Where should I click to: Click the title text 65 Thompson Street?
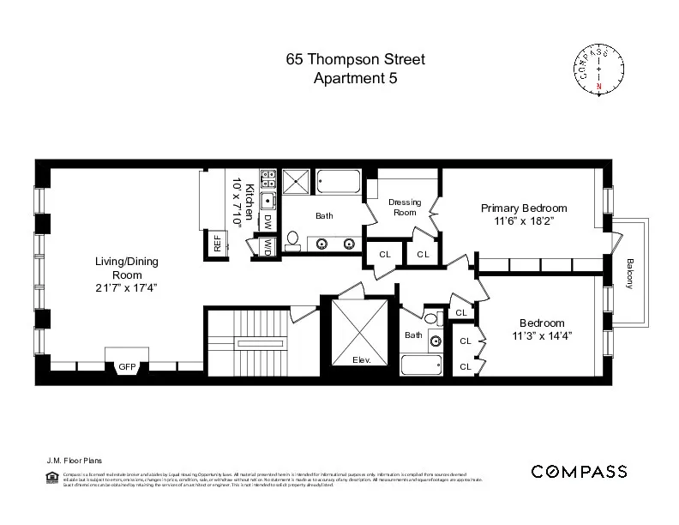tap(355, 60)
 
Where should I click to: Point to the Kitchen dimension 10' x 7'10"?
tap(236, 203)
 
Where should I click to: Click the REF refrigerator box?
tap(217, 244)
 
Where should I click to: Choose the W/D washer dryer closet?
tap(267, 246)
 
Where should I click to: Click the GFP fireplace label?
tap(126, 367)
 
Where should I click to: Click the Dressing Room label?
tap(405, 207)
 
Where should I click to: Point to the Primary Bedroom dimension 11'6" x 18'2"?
tap(523, 220)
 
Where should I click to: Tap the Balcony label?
tap(629, 274)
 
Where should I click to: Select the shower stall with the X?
tap(299, 183)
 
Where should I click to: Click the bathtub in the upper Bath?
tap(339, 183)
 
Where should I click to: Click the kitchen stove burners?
tap(267, 178)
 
